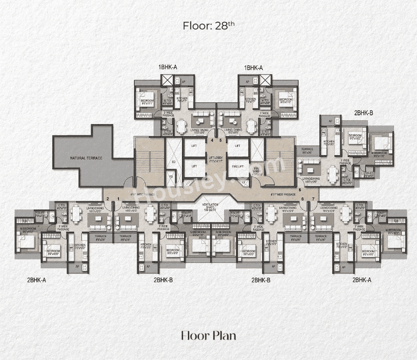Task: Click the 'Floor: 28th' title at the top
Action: (x=208, y=25)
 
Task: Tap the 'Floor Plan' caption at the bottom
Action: (x=208, y=335)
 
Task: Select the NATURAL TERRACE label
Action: (x=86, y=158)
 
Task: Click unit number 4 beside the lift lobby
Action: (x=212, y=140)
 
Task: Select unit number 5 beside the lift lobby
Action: (x=220, y=140)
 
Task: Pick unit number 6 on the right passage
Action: (x=300, y=189)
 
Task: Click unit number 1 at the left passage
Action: (x=118, y=199)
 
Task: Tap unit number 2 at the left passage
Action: (x=108, y=199)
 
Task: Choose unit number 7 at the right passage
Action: (x=313, y=199)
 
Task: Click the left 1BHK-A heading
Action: (x=168, y=68)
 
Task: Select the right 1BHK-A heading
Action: (x=253, y=68)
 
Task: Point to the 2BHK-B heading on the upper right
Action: (x=364, y=112)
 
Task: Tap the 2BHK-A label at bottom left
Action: (x=37, y=280)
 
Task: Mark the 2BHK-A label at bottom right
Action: (x=362, y=280)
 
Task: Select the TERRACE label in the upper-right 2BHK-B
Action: (x=307, y=151)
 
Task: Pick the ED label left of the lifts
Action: (x=173, y=162)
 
